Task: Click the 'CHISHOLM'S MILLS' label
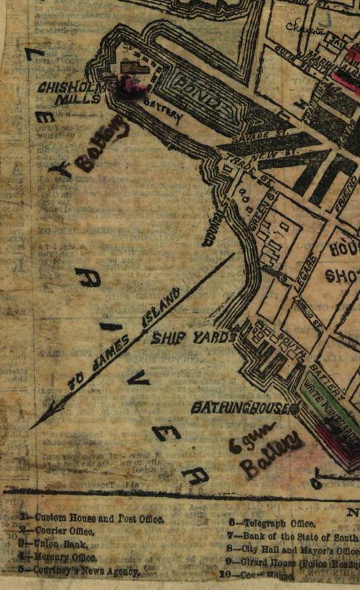click(73, 93)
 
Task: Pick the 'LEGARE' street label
click(305, 271)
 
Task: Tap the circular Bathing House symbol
click(295, 408)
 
